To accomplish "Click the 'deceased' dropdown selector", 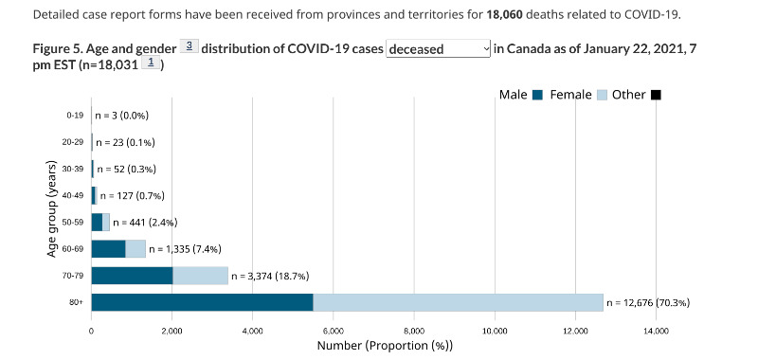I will pyautogui.click(x=439, y=48).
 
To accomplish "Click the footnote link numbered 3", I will pyautogui.click(x=188, y=46).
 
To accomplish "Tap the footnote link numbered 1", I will pyautogui.click(x=151, y=63).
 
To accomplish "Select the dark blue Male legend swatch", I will pyautogui.click(x=537, y=95).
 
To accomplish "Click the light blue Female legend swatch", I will pyautogui.click(x=602, y=95).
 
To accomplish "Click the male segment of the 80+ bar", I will pyautogui.click(x=202, y=302).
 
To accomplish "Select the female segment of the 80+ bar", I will pyautogui.click(x=458, y=302).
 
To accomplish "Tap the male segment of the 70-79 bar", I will pyautogui.click(x=132, y=276).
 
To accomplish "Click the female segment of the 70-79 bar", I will pyautogui.click(x=200, y=276).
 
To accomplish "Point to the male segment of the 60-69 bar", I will pyautogui.click(x=108, y=249).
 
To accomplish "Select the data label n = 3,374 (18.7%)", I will pyautogui.click(x=271, y=277).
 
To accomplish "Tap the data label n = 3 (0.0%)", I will pyautogui.click(x=122, y=116).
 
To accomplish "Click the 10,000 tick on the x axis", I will pyautogui.click(x=495, y=332).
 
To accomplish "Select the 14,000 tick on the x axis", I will pyautogui.click(x=656, y=332).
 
